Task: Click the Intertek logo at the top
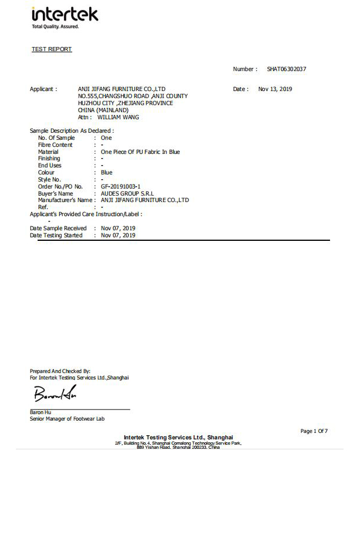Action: coord(65,15)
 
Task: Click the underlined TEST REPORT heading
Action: coord(52,49)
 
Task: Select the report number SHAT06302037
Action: coord(287,69)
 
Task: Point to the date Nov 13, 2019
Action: coord(275,89)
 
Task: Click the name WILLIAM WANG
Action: coord(118,117)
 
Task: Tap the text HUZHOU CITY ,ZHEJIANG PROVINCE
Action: coord(125,103)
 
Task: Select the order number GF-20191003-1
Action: coord(120,186)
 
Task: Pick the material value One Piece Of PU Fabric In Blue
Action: coord(140,152)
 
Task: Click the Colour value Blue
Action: coord(106,173)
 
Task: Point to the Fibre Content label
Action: coord(55,145)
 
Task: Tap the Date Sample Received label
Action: coord(58,228)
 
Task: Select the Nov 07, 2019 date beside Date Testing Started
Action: coord(118,236)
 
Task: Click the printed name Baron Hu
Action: coord(41,412)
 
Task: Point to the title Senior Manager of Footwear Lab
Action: coord(67,419)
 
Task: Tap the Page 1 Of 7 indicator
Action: coord(314,431)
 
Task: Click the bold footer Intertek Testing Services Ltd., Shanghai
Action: coord(178,437)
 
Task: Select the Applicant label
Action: coord(43,89)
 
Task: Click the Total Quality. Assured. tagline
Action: coord(55,27)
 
